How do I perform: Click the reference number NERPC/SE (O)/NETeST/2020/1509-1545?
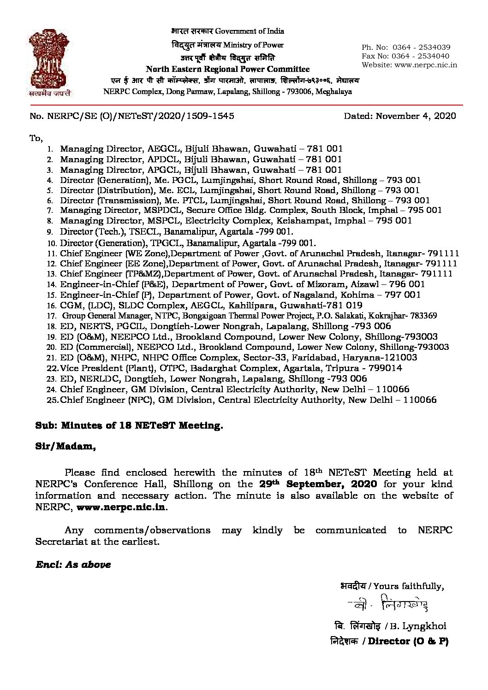[x=141, y=116]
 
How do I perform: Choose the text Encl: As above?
[x=73, y=565]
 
